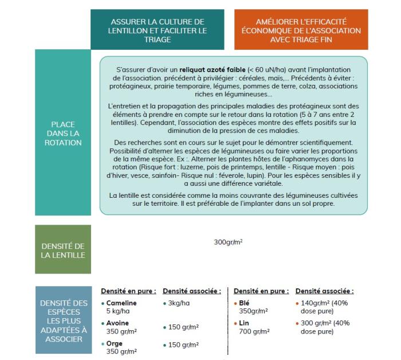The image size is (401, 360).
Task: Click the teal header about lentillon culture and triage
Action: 158,30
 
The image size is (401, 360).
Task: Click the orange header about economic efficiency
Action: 301,30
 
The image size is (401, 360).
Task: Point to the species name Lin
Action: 242,323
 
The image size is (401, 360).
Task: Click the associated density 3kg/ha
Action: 179,303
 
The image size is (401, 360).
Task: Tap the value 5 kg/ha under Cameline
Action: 119,311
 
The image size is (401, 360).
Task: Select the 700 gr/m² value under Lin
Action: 251,331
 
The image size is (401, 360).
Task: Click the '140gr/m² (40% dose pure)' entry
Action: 324,307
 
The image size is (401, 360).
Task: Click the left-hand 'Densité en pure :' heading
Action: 128,291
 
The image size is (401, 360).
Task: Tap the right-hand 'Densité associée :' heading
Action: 324,291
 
